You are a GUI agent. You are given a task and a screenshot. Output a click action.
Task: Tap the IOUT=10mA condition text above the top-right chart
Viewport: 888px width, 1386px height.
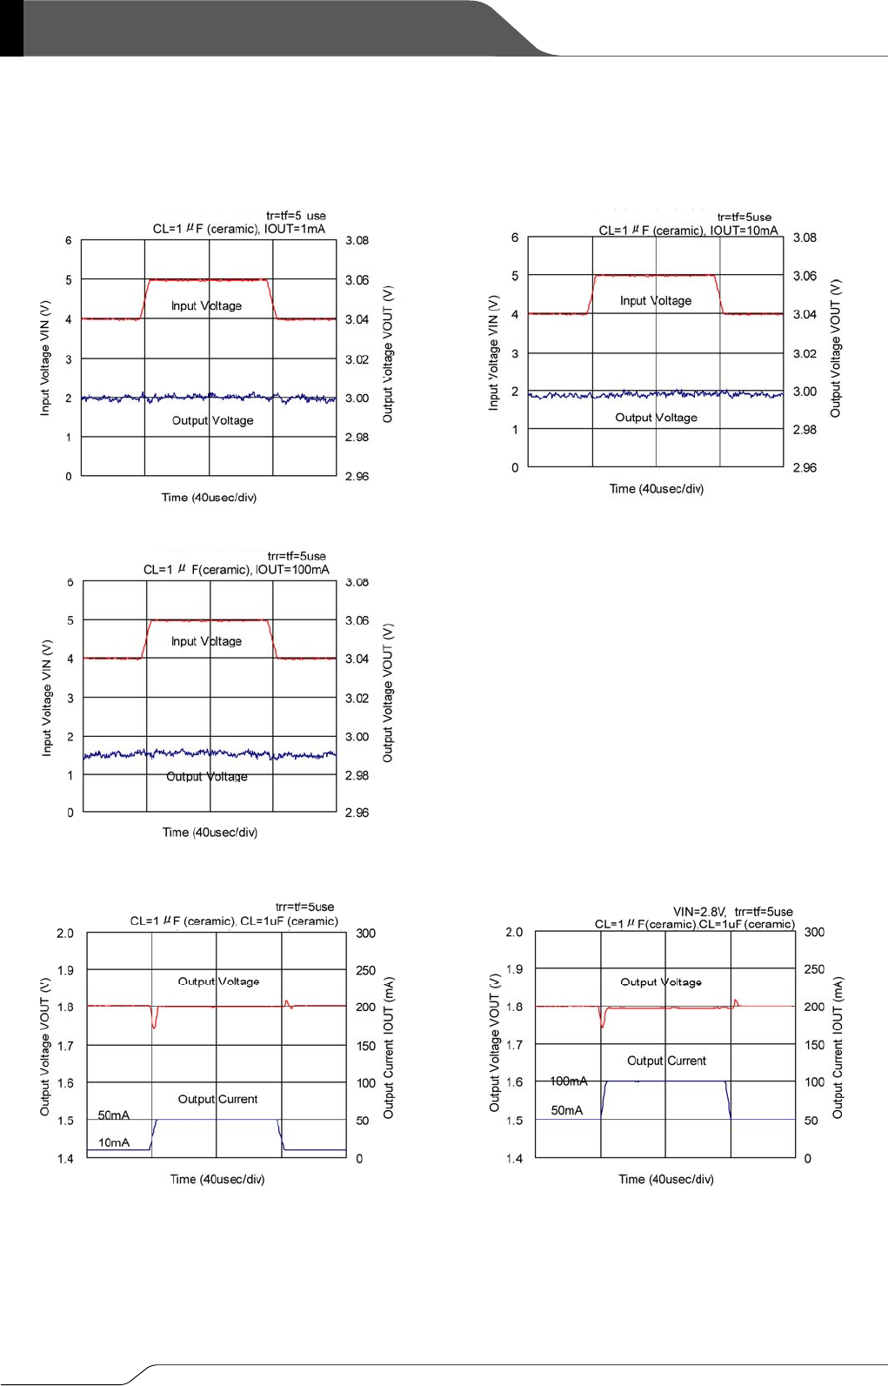[744, 231]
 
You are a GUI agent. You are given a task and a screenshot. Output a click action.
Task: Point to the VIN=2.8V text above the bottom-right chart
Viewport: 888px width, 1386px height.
[698, 912]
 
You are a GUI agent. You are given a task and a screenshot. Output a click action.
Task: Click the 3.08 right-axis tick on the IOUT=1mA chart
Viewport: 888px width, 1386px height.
[357, 240]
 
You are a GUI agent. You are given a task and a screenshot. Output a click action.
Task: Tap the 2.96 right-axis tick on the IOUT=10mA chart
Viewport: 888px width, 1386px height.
[805, 468]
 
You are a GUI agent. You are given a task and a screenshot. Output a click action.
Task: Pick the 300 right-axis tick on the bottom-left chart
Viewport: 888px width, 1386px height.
[365, 934]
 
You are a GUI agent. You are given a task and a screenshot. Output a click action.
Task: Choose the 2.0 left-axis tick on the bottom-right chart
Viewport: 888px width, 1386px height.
[514, 932]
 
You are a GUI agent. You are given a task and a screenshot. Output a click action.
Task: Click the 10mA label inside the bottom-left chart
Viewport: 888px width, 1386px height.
[114, 1142]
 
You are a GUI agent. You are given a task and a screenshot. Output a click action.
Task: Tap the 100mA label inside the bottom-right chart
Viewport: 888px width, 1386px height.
[569, 1081]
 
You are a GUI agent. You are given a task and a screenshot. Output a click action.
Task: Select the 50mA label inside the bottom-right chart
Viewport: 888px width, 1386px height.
[567, 1110]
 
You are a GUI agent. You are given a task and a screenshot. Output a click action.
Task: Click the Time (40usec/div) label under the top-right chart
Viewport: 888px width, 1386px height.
[657, 489]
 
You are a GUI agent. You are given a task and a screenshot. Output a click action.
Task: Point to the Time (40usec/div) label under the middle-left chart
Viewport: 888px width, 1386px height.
[210, 833]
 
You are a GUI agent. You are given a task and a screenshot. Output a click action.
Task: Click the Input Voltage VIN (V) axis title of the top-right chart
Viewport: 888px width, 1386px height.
[493, 352]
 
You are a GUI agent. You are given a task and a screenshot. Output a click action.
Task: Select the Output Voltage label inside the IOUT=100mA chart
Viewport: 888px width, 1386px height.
[207, 776]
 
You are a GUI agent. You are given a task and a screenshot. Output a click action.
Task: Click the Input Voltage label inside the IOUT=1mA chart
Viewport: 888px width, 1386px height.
[206, 305]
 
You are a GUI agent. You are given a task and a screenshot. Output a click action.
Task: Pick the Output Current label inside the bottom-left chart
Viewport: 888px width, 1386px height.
[217, 1099]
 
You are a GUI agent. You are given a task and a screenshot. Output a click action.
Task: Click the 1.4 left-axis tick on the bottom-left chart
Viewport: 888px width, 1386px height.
[65, 1159]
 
